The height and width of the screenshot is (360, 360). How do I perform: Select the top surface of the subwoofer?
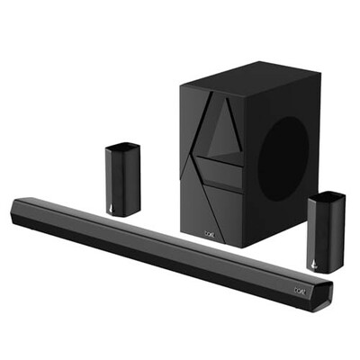point(247,74)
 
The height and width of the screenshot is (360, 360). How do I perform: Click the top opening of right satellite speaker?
point(326,196)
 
